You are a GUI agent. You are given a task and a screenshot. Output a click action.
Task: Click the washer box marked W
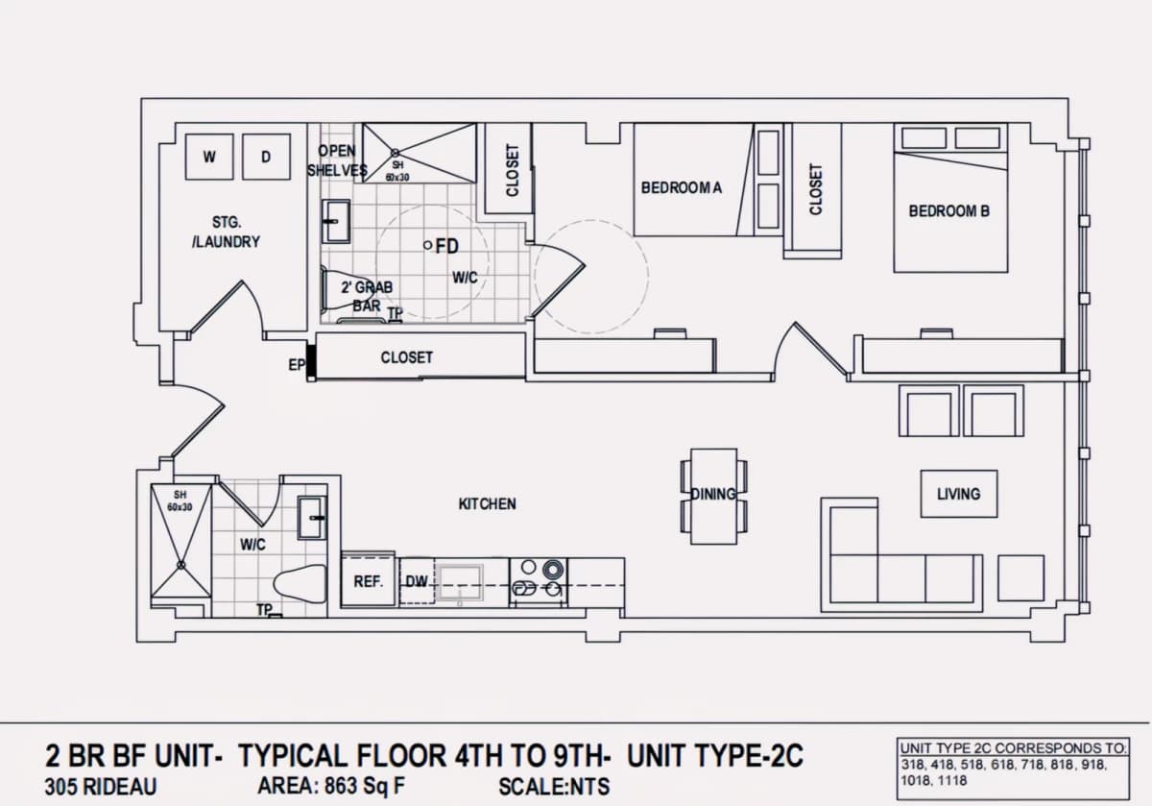pos(209,157)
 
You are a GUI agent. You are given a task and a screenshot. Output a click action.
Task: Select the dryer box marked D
pos(266,157)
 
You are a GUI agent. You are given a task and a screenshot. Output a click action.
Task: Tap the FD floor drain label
pos(447,247)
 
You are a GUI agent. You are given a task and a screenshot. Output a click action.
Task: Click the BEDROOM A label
pos(681,188)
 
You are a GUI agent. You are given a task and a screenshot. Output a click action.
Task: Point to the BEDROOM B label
pos(948,211)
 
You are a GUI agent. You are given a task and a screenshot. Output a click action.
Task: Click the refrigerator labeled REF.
pos(369,581)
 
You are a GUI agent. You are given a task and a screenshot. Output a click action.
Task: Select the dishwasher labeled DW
pos(417,581)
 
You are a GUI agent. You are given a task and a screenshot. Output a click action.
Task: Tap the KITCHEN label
pos(487,504)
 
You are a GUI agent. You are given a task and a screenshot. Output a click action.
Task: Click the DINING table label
pos(712,494)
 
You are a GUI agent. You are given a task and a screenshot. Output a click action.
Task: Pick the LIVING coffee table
pos(959,494)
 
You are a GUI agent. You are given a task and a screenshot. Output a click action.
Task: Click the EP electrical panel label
pos(297,365)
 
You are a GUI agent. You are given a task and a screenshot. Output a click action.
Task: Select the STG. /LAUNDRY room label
pos(227,232)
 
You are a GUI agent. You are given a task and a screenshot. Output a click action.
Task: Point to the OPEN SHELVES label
pos(337,160)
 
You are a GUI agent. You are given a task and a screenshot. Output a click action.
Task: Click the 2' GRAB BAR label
pos(367,296)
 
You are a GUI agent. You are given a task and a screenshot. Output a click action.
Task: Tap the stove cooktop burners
pos(539,581)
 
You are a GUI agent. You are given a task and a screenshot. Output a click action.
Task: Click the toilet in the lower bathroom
pos(300,584)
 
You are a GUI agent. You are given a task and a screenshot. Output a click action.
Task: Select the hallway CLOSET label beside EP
pos(406,357)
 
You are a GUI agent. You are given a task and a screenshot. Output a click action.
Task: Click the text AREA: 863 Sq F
pos(331,786)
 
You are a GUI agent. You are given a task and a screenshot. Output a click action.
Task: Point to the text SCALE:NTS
pos(554,787)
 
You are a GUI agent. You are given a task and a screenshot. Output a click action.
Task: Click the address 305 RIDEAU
pos(101,787)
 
